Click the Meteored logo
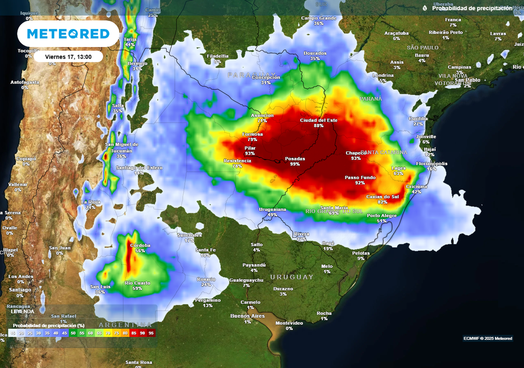(68, 34)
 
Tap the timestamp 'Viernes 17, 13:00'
(68, 57)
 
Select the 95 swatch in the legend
(151, 333)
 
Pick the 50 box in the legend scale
(73, 333)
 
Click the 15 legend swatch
(12, 333)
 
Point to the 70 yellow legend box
(107, 333)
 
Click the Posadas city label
(295, 158)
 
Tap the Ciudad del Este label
(319, 120)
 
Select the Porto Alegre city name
(382, 216)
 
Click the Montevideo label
(290, 323)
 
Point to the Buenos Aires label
(247, 316)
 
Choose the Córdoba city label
(140, 245)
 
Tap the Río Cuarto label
(137, 283)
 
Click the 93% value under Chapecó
(356, 158)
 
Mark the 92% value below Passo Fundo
(360, 183)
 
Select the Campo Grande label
(319, 18)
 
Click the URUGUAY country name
(292, 277)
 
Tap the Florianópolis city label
(431, 164)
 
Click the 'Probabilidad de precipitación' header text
(472, 8)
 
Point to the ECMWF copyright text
(488, 338)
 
